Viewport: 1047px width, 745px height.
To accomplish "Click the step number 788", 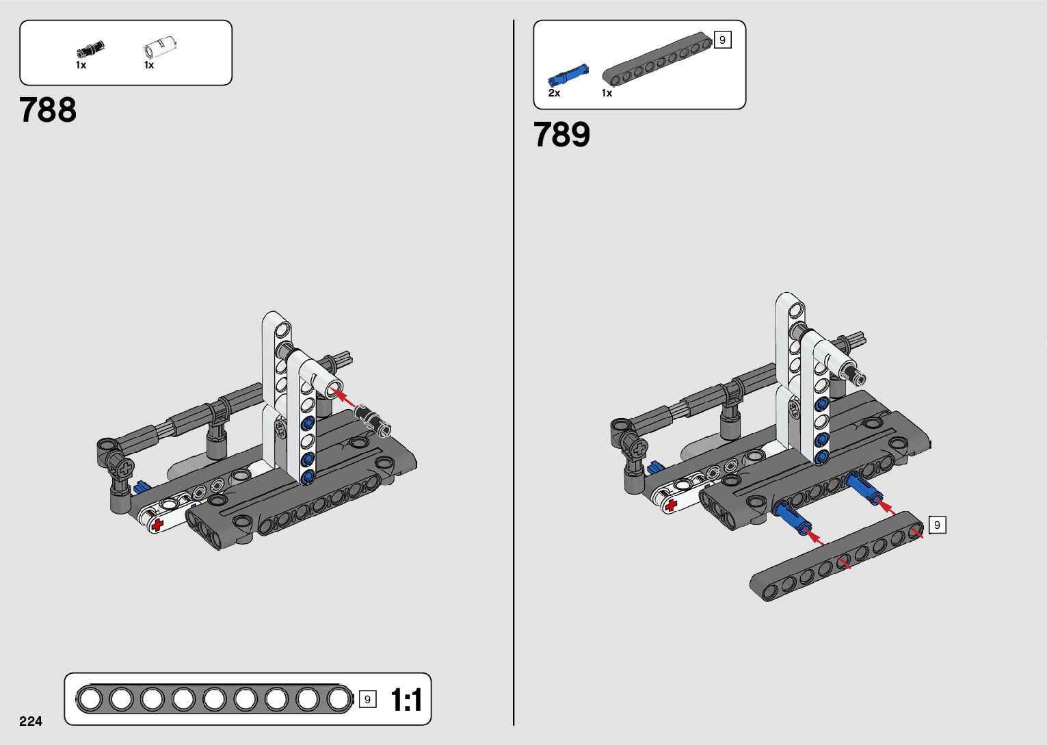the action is [x=48, y=110].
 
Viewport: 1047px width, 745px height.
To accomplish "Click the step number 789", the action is [x=561, y=134].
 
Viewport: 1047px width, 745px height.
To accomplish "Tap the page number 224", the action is [x=31, y=721].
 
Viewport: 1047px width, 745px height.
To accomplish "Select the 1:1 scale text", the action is [x=406, y=700].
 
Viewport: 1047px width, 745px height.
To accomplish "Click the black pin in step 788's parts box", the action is [x=90, y=49].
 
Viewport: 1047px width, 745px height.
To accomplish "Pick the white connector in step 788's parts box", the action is [x=160, y=47].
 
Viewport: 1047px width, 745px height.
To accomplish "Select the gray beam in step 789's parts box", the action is [x=657, y=59].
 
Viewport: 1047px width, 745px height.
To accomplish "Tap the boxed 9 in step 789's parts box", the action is [x=723, y=40].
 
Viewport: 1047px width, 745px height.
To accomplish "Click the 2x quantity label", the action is [x=554, y=93].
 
